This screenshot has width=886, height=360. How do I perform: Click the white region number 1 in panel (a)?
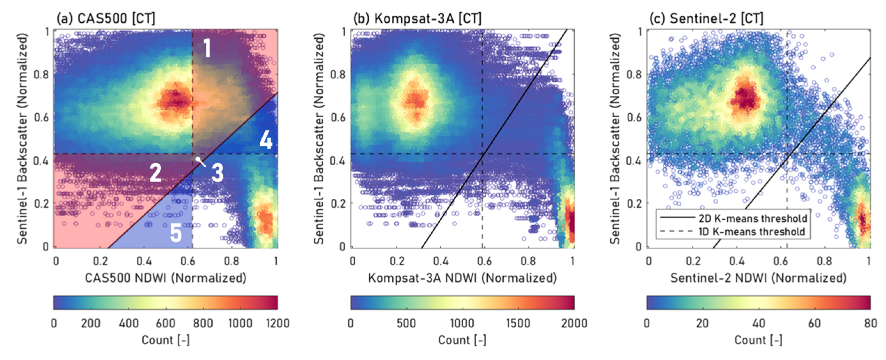[x=207, y=48]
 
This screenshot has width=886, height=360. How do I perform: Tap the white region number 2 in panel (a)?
[x=155, y=173]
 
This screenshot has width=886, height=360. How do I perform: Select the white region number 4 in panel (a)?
[x=266, y=139]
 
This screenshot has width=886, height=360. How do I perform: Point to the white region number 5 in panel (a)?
[x=175, y=233]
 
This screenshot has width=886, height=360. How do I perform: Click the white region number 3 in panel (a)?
[x=217, y=173]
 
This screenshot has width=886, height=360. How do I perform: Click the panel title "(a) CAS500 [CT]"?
[x=105, y=18]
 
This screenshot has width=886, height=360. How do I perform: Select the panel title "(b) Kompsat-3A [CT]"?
[x=417, y=18]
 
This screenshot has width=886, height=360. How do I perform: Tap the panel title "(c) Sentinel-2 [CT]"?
[x=706, y=18]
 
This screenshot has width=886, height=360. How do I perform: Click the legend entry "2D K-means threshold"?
[x=753, y=218]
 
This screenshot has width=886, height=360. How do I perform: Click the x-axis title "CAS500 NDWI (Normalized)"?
[x=165, y=278]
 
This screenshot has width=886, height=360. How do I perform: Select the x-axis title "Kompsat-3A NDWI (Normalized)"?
[x=462, y=278]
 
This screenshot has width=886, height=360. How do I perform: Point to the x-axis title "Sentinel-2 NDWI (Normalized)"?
[x=758, y=278]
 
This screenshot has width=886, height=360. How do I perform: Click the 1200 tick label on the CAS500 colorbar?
[x=277, y=323]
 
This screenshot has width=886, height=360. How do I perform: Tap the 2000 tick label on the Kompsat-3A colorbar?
[x=574, y=323]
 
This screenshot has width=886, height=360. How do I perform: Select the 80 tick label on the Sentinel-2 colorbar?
[x=870, y=323]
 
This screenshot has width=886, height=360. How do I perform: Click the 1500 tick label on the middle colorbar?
[x=518, y=323]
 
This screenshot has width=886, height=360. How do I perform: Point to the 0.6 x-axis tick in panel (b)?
[x=484, y=261]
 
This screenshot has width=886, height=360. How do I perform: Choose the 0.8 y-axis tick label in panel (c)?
[x=634, y=74]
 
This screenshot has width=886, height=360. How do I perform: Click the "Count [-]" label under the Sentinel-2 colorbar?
[x=758, y=340]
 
